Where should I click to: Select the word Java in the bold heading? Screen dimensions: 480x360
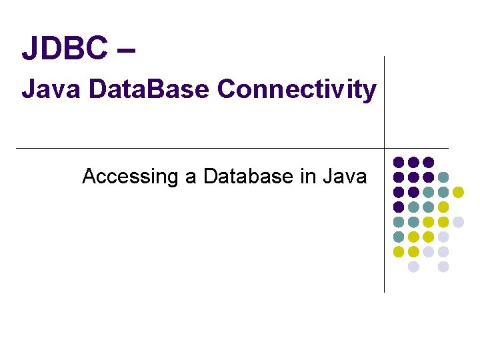tap(43, 89)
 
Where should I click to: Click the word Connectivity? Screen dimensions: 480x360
tap(297, 89)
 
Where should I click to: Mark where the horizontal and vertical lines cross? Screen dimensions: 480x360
tap(385, 148)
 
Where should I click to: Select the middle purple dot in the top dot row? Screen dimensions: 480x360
tap(413, 162)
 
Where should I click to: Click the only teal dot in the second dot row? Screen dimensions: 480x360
tap(443, 177)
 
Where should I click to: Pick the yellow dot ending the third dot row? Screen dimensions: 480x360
tap(458, 192)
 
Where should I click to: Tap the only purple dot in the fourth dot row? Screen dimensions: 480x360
tap(399, 207)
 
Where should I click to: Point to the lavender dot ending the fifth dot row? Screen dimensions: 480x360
tap(458, 222)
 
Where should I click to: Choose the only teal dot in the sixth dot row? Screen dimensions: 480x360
tap(399, 237)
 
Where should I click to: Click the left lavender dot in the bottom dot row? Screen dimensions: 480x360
tap(413, 267)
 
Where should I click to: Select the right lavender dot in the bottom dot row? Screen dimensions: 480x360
tap(443, 267)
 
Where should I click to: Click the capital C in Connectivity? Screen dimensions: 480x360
tap(227, 89)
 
